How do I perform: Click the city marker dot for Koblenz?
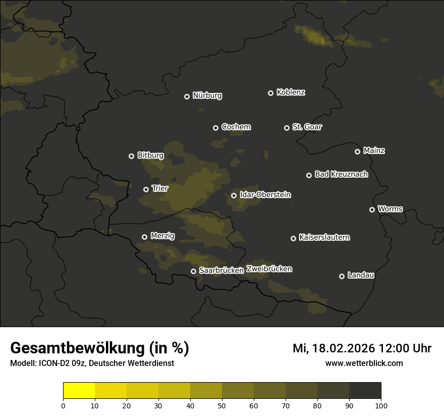pyautogui.click(x=270, y=93)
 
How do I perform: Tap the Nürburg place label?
pyautogui.click(x=207, y=95)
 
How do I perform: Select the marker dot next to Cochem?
pyautogui.click(x=215, y=128)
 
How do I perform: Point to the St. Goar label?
pyautogui.click(x=307, y=127)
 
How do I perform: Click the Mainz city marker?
pyautogui.click(x=357, y=151)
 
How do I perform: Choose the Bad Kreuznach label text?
pyautogui.click(x=341, y=175)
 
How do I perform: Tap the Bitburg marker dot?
pyautogui.click(x=131, y=156)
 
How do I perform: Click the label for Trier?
pyautogui.click(x=159, y=189)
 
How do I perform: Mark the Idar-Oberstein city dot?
pyautogui.click(x=234, y=195)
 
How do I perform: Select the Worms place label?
pyautogui.click(x=390, y=209)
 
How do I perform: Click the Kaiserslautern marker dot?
pyautogui.click(x=293, y=238)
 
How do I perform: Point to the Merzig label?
pyautogui.click(x=162, y=236)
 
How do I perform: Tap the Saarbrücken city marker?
pyautogui.click(x=193, y=271)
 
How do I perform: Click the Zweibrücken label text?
pyautogui.click(x=269, y=269)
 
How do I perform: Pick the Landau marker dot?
pyautogui.click(x=342, y=276)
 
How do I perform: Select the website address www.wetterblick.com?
pyautogui.click(x=364, y=363)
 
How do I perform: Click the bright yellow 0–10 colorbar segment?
pyautogui.click(x=79, y=391)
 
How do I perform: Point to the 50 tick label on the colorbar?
pyautogui.click(x=222, y=405)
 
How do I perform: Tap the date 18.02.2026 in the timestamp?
pyautogui.click(x=343, y=348)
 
